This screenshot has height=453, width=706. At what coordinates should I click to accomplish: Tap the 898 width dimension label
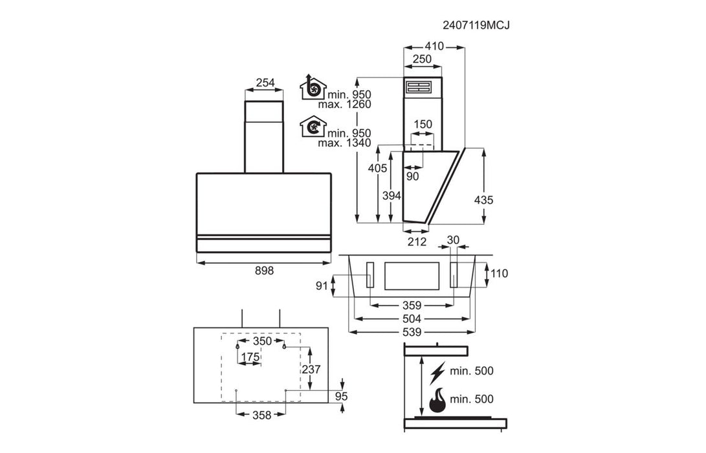pos(264,271)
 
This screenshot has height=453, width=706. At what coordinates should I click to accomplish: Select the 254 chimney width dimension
pos(265,82)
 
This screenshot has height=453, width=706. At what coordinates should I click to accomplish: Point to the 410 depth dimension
pos(434,46)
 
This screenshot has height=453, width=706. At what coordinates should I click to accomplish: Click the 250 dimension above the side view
pos(422,59)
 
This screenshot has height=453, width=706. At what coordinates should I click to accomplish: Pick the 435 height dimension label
pos(483,200)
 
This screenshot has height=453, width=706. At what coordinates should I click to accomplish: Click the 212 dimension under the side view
pos(417,242)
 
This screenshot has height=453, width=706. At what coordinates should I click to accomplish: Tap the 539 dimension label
pos(412,332)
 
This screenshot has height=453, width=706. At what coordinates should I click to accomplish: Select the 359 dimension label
pos(412,305)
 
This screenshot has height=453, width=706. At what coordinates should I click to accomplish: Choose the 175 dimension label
pos(250,357)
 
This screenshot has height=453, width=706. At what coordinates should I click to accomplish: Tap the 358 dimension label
pos(261,415)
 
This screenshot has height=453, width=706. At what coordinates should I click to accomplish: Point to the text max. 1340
pos(344,143)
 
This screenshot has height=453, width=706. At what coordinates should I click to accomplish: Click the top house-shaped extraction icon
pos(313,87)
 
